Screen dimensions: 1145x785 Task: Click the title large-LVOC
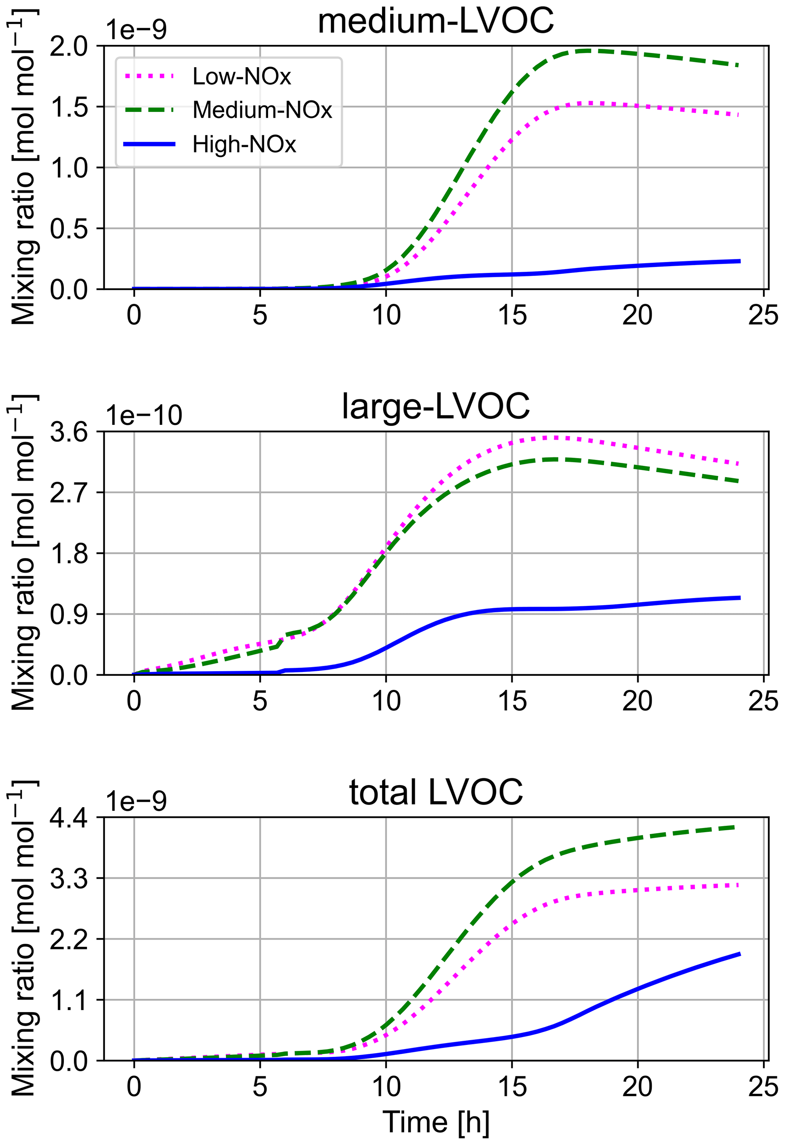(436, 407)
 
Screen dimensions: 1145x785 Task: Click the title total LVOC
(436, 793)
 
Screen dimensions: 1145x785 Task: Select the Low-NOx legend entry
(242, 76)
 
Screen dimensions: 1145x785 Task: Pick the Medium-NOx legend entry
(262, 110)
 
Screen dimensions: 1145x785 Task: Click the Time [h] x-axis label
(436, 1122)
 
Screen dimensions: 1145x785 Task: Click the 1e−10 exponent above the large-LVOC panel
(144, 415)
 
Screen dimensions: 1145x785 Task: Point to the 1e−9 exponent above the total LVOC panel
(136, 801)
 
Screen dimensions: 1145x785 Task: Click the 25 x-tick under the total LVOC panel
(763, 1087)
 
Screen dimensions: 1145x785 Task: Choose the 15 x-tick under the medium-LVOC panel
(512, 315)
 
